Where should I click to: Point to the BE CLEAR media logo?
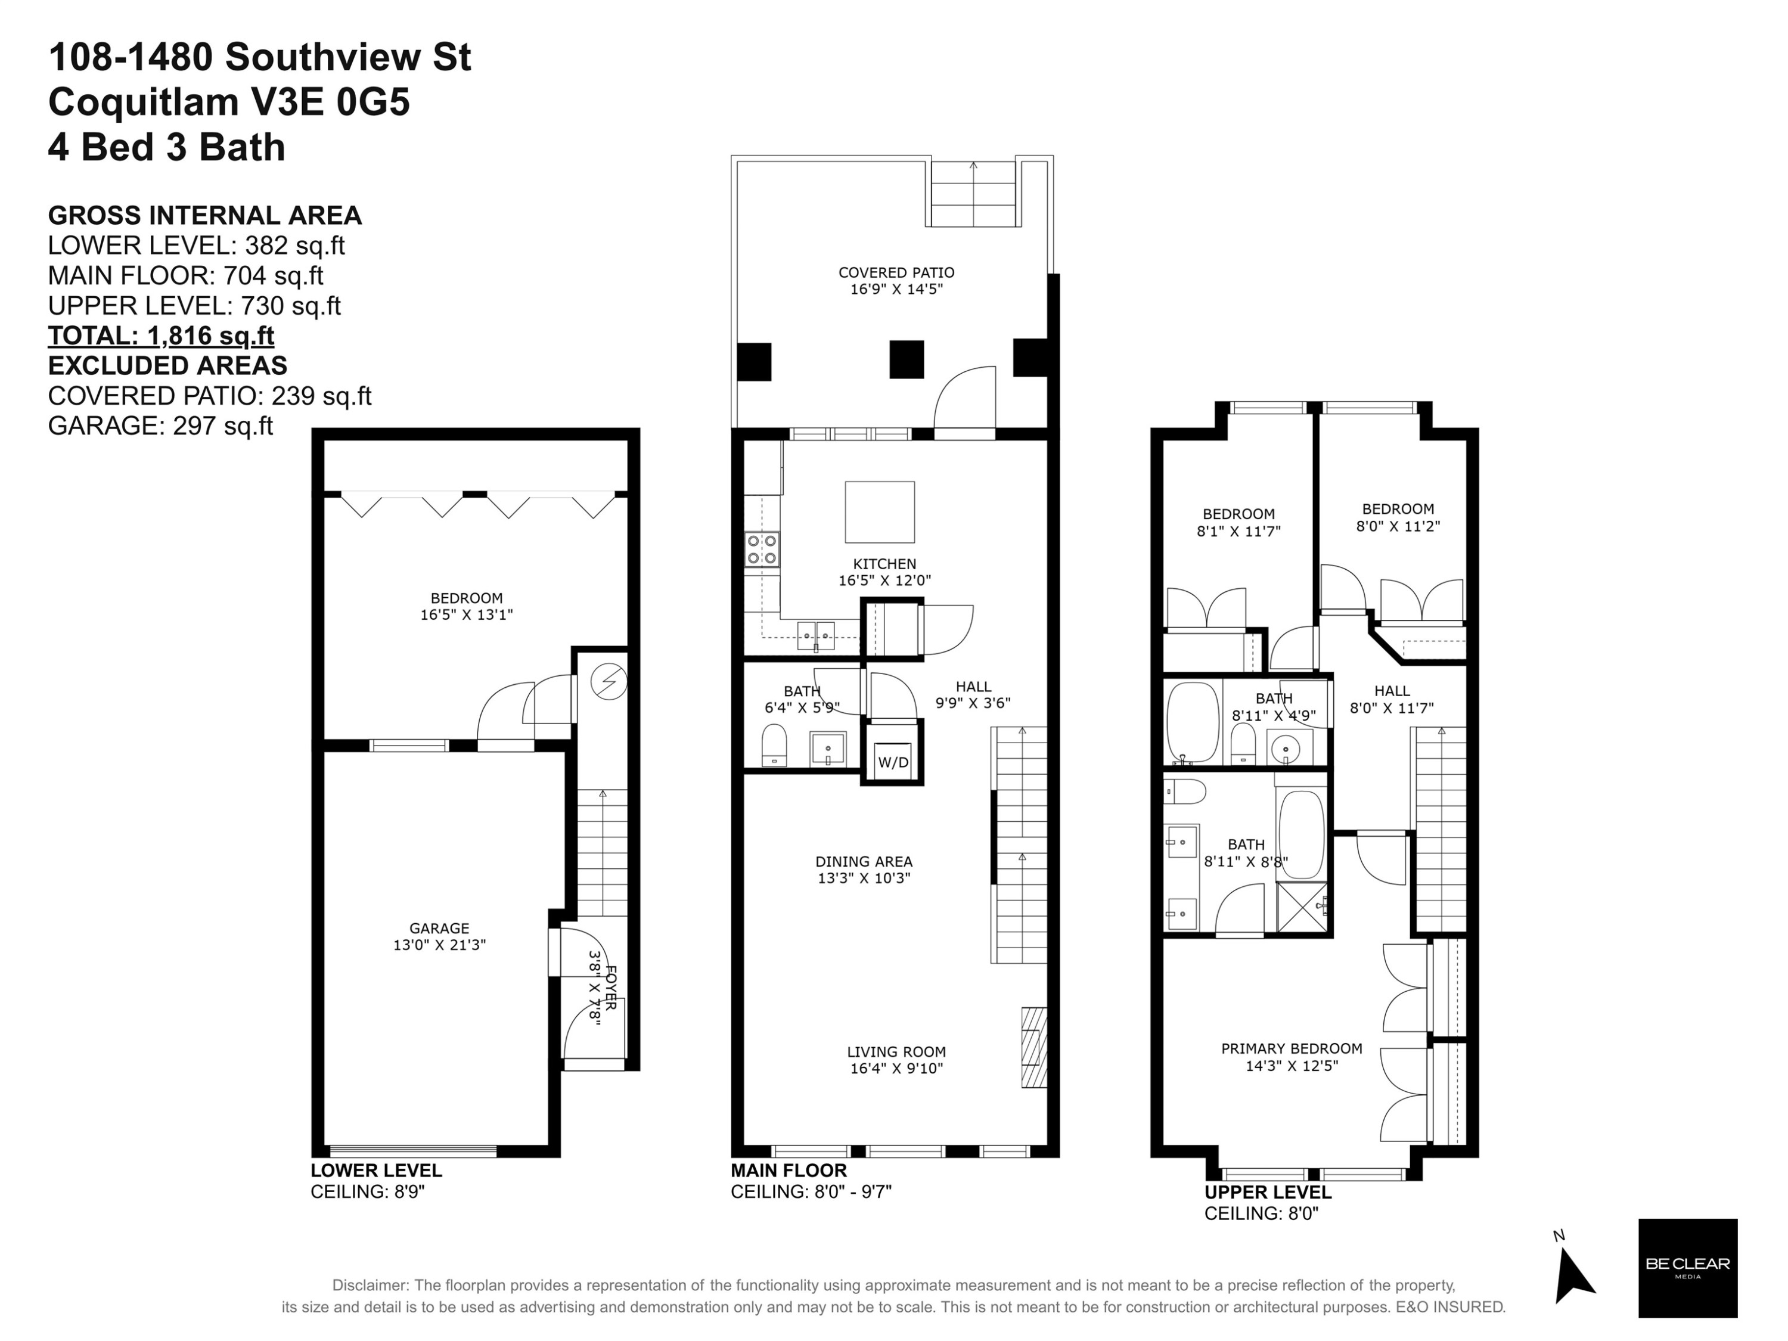1688,1268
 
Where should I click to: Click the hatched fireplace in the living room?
1034,1047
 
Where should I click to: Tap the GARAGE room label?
439,928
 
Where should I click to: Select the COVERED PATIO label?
896,272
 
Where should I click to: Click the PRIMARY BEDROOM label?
1292,1048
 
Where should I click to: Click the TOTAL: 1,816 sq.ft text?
161,336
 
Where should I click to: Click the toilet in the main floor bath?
774,744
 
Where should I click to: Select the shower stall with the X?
1302,907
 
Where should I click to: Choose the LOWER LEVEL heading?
376,1171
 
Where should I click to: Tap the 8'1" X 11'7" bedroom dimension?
1238,531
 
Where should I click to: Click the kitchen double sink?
815,635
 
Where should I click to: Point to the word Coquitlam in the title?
143,103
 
